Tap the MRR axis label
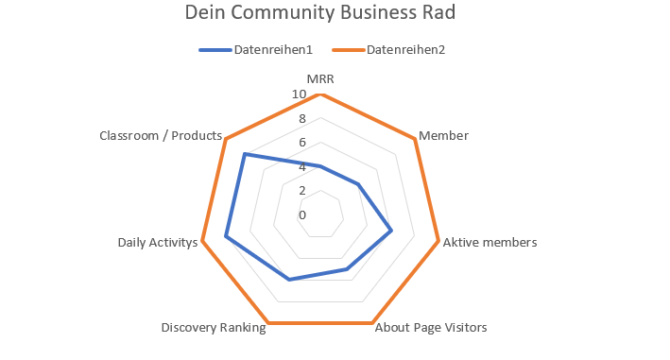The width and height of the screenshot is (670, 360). pyautogui.click(x=320, y=79)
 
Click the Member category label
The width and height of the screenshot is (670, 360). pyautogui.click(x=443, y=136)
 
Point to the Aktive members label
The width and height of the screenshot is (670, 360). pyautogui.click(x=490, y=243)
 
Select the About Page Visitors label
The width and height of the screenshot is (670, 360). pyautogui.click(x=430, y=329)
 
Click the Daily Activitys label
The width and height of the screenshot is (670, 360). pyautogui.click(x=158, y=243)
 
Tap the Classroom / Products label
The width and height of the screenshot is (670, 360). pyautogui.click(x=160, y=136)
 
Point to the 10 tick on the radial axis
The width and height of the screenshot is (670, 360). pyautogui.click(x=299, y=94)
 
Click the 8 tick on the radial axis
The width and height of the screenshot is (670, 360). pyautogui.click(x=302, y=119)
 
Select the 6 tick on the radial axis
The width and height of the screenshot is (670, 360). pyautogui.click(x=302, y=143)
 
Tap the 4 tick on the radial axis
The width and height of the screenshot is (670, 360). pyautogui.click(x=302, y=167)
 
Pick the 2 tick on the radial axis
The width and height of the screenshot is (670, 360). pyautogui.click(x=302, y=191)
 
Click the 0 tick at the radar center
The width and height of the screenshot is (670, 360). pyautogui.click(x=302, y=215)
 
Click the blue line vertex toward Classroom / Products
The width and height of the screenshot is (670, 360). pyautogui.click(x=245, y=154)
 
